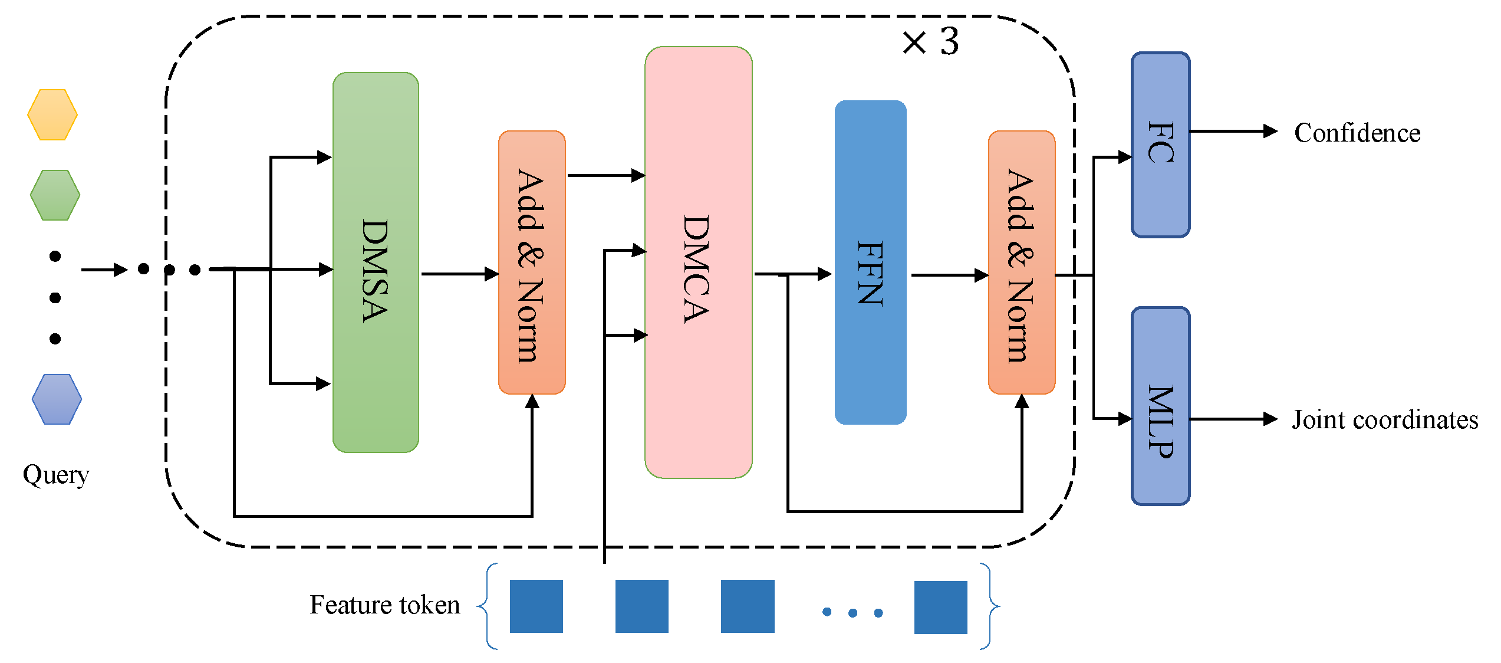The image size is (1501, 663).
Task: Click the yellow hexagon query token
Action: tap(52, 114)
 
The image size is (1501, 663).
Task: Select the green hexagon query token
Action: tap(55, 195)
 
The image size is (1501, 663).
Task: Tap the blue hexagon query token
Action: tap(57, 399)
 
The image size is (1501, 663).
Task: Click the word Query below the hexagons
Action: tap(56, 475)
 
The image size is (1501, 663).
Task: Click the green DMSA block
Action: tap(376, 262)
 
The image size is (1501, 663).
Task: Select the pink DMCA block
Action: tap(698, 262)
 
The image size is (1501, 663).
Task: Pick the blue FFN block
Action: tap(870, 262)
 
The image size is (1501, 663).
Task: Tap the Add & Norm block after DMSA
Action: tap(532, 262)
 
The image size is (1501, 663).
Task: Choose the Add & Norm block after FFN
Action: tap(1022, 262)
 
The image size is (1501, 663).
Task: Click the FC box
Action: tap(1160, 145)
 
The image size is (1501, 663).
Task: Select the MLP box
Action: tap(1160, 406)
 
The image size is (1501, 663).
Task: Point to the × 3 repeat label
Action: tap(931, 42)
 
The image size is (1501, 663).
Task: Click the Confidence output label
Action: tap(1357, 133)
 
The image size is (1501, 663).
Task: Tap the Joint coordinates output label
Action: tap(1385, 420)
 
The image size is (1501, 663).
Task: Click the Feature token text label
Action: tap(385, 605)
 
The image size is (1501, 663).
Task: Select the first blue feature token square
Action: tap(536, 606)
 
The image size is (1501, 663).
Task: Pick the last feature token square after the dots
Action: tap(940, 608)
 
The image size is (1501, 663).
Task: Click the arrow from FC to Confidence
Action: tap(1232, 131)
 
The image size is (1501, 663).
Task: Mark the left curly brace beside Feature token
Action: tap(487, 606)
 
